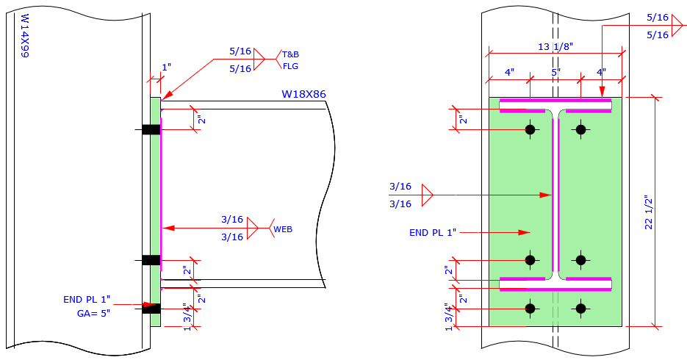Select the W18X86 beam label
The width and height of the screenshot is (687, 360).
coord(303,94)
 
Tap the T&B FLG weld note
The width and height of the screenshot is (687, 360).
coord(291,60)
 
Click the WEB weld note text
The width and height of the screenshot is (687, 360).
coord(283,229)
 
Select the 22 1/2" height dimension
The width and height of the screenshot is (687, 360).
coord(649,213)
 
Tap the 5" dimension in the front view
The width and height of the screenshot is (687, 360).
coord(555,73)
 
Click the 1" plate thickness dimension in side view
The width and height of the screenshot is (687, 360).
coord(166,67)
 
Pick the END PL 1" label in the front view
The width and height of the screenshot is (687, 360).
coord(433,232)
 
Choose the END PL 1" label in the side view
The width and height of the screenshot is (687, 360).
coord(87,299)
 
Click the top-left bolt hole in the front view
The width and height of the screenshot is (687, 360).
coord(530,130)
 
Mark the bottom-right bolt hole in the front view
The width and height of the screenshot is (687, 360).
coord(581,309)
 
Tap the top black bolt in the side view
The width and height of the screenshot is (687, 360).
coord(151,130)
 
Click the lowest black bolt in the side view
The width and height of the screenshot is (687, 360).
coord(151,309)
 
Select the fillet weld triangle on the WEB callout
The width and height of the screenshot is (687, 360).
coord(253,228)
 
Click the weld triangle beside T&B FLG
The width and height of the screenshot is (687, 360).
coord(259,60)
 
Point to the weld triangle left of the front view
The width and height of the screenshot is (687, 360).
coord(427,195)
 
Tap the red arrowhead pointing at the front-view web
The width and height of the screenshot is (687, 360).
coord(545,195)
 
